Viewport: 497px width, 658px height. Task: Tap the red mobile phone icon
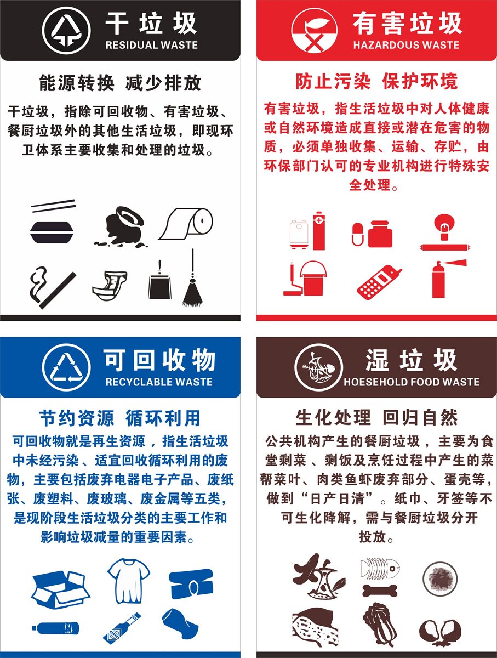click(378, 282)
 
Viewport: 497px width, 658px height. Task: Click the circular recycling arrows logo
click(66, 366)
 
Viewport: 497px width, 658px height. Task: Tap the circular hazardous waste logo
click(314, 31)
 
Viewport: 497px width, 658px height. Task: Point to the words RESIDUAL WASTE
click(151, 45)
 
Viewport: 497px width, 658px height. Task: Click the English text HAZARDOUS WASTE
click(406, 45)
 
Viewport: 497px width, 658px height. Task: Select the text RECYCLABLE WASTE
click(158, 382)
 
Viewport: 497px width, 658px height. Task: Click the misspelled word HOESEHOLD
click(370, 382)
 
